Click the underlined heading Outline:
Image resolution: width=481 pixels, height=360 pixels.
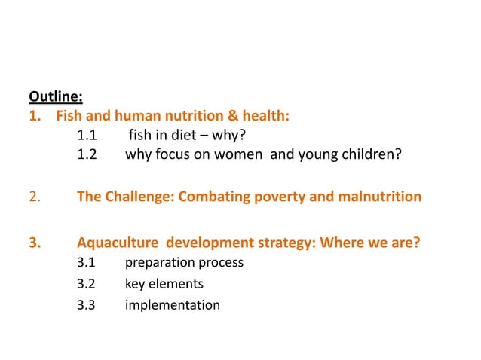pos(56,96)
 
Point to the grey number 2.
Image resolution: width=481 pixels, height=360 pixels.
pos(34,197)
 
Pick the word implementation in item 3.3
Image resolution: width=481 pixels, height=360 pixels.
pos(172,305)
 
